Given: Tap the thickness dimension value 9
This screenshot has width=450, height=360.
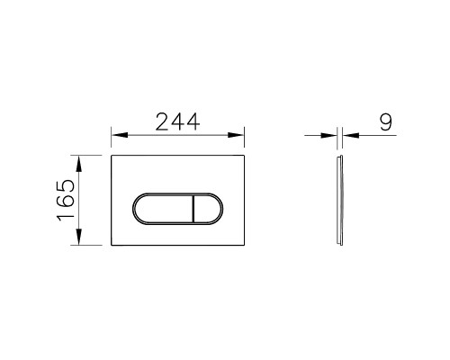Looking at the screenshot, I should (385, 121).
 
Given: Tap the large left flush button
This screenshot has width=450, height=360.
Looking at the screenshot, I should (162, 210).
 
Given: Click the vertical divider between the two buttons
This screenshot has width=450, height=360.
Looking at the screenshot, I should (193, 210).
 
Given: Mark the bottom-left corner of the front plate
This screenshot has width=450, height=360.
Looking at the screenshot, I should (112, 245).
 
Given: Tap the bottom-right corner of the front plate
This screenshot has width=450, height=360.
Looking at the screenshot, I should (246, 245).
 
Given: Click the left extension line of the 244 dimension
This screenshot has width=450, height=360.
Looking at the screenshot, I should (111, 142).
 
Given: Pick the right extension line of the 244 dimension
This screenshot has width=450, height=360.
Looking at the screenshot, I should (247, 142).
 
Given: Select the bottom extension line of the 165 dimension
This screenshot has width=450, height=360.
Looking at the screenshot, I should (90, 245).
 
